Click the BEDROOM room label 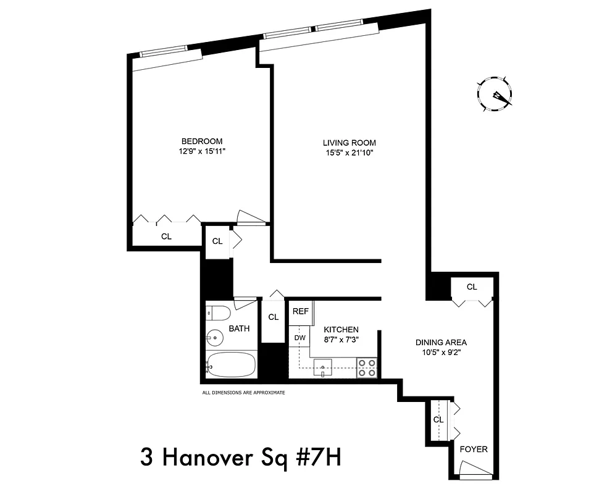click(201, 141)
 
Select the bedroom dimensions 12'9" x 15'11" click(201, 151)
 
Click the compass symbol click(495, 94)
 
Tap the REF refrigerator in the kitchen click(301, 311)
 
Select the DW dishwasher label click(299, 338)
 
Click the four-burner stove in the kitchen click(367, 367)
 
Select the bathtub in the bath click(232, 365)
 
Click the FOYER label click(474, 449)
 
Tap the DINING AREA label click(441, 342)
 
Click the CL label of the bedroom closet click(166, 236)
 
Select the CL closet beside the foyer click(438, 419)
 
